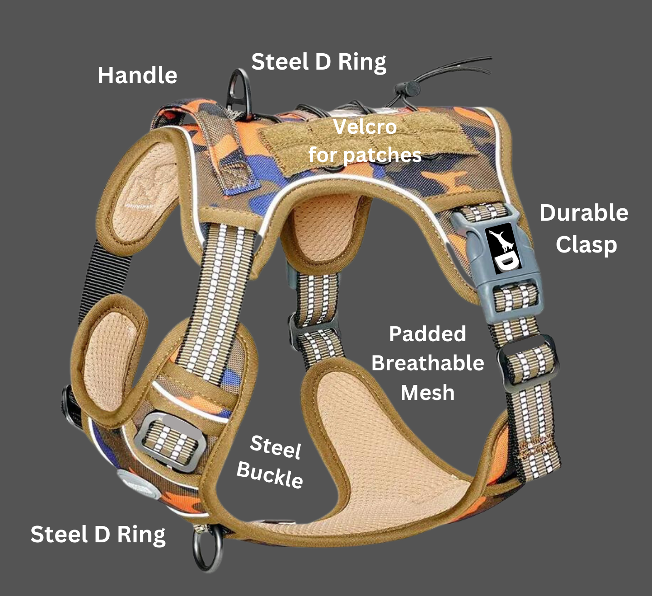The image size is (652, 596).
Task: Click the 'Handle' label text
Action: [137, 76]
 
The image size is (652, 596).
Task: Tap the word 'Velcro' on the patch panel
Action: [365, 127]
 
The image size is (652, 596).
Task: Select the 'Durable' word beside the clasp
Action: [584, 213]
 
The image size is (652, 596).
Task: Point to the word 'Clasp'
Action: [586, 245]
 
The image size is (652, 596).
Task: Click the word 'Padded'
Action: [427, 334]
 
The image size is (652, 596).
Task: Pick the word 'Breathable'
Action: [427, 363]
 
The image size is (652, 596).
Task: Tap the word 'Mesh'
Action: [427, 393]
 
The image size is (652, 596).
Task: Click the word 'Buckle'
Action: [269, 475]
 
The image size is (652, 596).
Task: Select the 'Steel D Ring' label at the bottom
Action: [98, 535]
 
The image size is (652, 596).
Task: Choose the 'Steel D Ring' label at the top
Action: [318, 62]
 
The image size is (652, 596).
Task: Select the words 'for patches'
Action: [365, 155]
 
